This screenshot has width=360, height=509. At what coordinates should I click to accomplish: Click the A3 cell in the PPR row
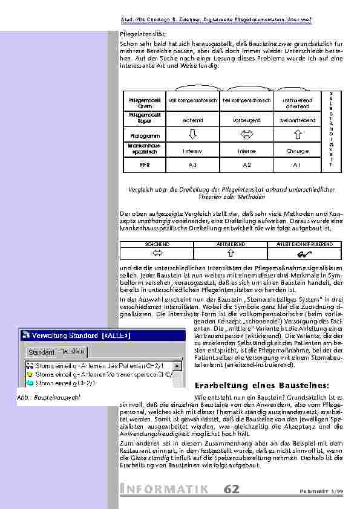(x=192, y=164)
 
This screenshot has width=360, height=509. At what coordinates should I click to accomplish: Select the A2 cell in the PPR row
(x=246, y=164)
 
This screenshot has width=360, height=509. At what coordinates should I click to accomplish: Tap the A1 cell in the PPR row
(x=297, y=164)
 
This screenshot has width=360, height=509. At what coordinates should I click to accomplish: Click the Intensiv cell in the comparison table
(x=192, y=150)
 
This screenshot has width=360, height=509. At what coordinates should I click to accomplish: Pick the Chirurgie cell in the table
(x=297, y=150)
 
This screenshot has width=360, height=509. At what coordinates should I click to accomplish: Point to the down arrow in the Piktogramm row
(x=192, y=134)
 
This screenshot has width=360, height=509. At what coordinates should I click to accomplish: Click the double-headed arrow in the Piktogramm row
(x=246, y=134)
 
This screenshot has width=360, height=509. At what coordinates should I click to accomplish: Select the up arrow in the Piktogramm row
(x=297, y=134)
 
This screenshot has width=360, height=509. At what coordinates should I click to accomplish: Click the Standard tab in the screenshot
(x=41, y=351)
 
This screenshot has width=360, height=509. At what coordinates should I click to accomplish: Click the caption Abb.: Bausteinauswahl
(x=50, y=398)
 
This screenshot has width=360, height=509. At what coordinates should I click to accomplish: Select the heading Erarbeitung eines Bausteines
(x=262, y=385)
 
